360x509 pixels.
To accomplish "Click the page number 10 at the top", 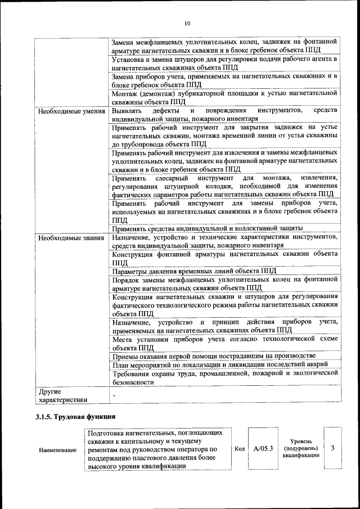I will click(187, 23).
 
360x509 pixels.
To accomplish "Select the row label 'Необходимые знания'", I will click(71, 238).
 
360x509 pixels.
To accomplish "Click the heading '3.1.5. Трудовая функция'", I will click(75, 417).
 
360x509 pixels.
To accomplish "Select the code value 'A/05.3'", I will click(263, 448).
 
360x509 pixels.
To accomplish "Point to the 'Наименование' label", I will click(58, 451).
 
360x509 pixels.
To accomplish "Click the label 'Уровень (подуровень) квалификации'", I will click(301, 448).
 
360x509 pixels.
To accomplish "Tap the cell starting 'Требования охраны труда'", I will click(224, 377).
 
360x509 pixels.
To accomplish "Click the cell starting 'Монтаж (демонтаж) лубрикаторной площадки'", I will click(224, 98).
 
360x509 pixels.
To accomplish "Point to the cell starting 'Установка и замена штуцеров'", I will click(224, 64).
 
